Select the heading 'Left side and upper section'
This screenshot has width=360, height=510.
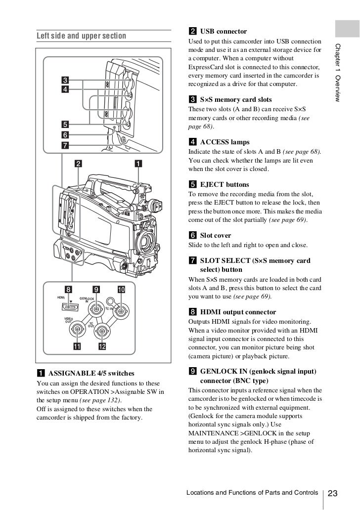pyautogui.click(x=81, y=36)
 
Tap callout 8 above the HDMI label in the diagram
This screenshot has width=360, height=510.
pyautogui.click(x=69, y=289)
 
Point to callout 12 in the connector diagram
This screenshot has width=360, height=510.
pyautogui.click(x=102, y=346)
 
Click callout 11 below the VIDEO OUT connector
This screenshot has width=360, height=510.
pyautogui.click(x=77, y=346)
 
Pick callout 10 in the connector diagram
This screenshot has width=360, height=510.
pyautogui.click(x=122, y=289)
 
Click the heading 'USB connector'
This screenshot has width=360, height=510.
pyautogui.click(x=223, y=32)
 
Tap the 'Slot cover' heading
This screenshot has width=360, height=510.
pyautogui.click(x=215, y=235)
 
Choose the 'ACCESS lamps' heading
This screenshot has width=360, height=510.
pyautogui.click(x=225, y=142)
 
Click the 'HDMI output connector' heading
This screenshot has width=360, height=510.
pyautogui.click(x=238, y=312)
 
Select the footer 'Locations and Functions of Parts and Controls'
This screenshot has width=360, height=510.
pyautogui.click(x=252, y=493)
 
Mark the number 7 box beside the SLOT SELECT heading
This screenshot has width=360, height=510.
pyautogui.click(x=193, y=260)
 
